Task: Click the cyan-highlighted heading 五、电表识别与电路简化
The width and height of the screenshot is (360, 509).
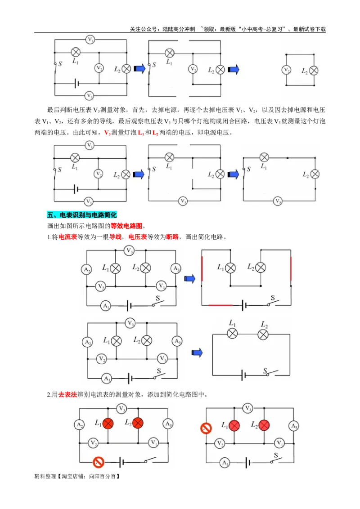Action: point(81,215)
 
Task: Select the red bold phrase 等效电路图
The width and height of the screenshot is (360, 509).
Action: point(126,226)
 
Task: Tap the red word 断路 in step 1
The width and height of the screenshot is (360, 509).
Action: point(172,237)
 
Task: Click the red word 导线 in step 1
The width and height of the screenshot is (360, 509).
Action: point(115,237)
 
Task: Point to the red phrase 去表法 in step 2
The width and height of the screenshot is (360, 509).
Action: point(67,394)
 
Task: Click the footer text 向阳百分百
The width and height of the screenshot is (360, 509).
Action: point(102,477)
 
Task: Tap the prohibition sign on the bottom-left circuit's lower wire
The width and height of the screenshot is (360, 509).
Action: point(98,462)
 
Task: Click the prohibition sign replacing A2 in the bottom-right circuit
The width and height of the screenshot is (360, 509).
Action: point(206,428)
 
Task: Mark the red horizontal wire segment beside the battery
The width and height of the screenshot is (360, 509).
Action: point(220,305)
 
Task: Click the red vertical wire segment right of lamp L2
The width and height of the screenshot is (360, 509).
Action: point(290,268)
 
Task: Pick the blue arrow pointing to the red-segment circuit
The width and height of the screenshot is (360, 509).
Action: point(190,278)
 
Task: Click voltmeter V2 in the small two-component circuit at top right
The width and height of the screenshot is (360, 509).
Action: point(286,70)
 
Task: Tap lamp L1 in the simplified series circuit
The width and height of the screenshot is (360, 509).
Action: point(232,333)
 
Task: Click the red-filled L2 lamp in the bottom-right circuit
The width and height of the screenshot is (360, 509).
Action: point(264,425)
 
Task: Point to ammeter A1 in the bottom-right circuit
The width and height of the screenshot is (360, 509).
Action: point(225,463)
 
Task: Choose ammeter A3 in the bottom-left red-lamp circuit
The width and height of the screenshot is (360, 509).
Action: point(168,424)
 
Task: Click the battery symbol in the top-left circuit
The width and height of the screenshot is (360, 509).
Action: point(76,84)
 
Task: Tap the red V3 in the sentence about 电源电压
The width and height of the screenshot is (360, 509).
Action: point(108,133)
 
